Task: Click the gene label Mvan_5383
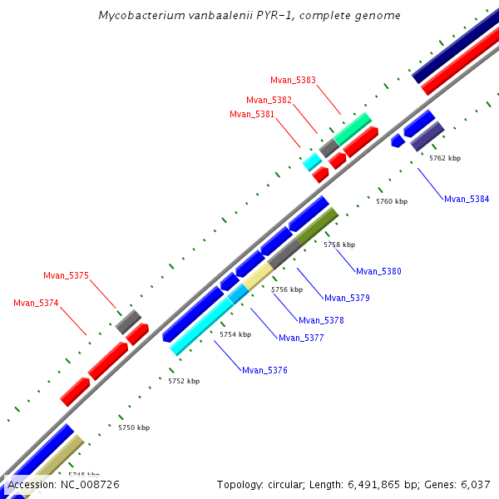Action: tap(293, 80)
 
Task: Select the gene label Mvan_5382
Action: tap(269, 100)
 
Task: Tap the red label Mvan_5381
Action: tap(252, 114)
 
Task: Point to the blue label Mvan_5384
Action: tap(467, 199)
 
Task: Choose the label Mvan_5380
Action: tap(378, 271)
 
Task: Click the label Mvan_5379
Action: tap(347, 298)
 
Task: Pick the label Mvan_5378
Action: tap(321, 320)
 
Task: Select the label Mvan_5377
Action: tap(301, 338)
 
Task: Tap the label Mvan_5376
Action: tap(264, 370)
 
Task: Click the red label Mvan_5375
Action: tap(66, 275)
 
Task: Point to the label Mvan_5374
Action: tap(36, 303)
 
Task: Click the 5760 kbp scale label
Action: tap(392, 201)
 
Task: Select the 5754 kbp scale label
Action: tap(235, 334)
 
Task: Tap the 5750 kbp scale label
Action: tap(134, 427)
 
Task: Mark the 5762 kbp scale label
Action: tap(445, 157)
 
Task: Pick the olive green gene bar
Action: tap(317, 225)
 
